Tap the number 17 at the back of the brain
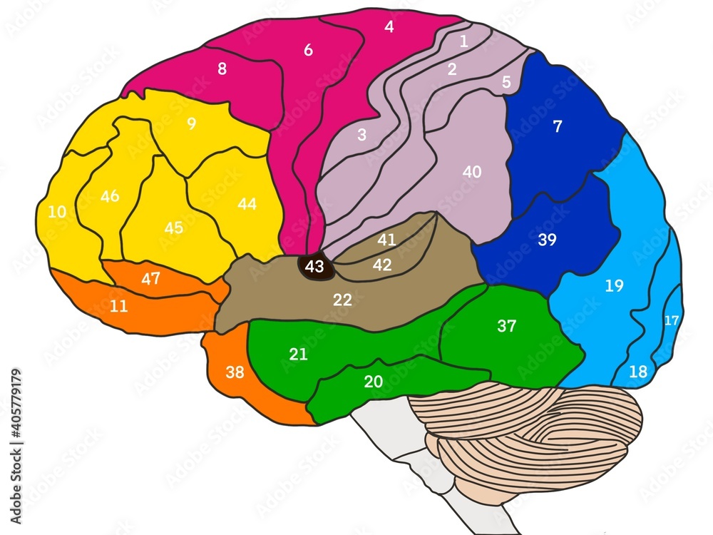pos(672,320)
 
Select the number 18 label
pos(638,372)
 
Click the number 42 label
pos(382,265)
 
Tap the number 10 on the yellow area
pos(57,212)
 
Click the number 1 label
pos(463,41)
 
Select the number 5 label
pos(506,82)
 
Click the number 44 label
pos(247,205)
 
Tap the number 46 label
pos(110,196)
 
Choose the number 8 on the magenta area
pos(222,69)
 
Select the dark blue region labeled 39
pos(547,240)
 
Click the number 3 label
pos(361,135)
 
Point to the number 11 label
pos(119,307)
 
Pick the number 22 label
pos(343,300)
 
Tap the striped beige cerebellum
pos(528,435)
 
